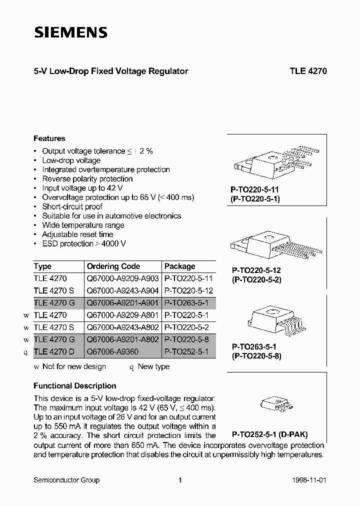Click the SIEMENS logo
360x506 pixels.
tap(70, 33)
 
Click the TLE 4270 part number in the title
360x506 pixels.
tap(308, 71)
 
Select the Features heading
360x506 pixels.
tap(49, 138)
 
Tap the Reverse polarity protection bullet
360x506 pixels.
tap(87, 179)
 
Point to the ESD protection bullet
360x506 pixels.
tap(83, 243)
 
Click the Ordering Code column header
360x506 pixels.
tap(113, 266)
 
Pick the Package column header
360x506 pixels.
tap(180, 266)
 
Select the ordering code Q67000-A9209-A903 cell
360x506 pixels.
tap(122, 279)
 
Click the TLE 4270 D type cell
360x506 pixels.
tap(54, 352)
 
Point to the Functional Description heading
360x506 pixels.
tap(75, 386)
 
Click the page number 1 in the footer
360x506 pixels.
tap(180, 480)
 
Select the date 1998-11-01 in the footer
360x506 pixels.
tap(309, 480)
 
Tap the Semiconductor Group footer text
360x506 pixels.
tap(66, 480)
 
